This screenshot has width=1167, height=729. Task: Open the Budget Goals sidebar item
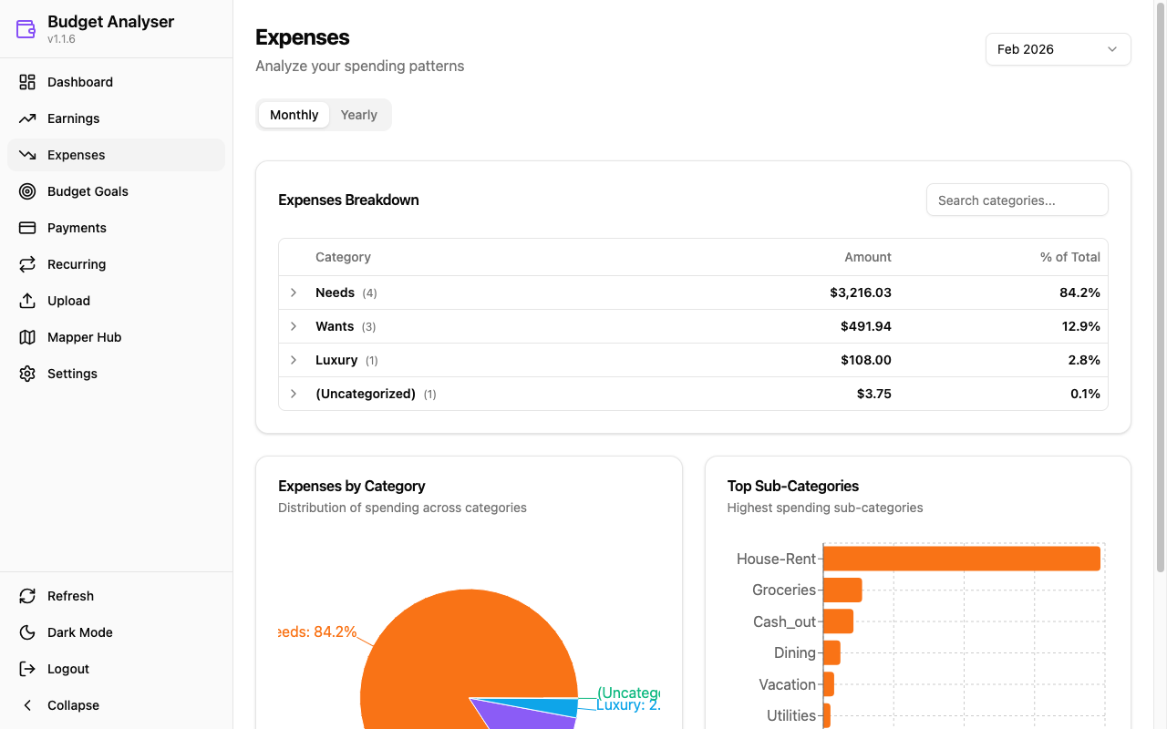click(88, 191)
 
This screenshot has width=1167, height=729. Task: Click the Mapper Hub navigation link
click(84, 337)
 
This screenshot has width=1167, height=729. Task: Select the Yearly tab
click(358, 115)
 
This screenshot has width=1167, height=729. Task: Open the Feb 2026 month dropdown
click(1058, 49)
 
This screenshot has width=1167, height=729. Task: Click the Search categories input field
click(1017, 200)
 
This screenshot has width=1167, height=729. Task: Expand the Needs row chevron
click(294, 293)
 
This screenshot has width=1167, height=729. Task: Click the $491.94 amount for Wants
click(865, 326)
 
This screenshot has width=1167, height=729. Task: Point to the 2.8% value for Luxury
click(1083, 360)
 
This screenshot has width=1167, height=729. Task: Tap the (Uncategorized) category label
click(366, 394)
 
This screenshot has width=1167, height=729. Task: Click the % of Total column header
click(1069, 257)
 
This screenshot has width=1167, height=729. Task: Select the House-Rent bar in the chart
click(961, 559)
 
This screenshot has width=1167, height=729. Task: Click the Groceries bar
click(842, 590)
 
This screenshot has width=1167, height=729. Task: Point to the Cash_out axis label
click(784, 621)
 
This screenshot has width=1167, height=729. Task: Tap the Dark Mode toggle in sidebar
click(79, 632)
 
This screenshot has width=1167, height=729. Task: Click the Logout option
click(67, 669)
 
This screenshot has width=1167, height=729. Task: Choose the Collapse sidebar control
click(72, 705)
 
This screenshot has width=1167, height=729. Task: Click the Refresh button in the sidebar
click(70, 596)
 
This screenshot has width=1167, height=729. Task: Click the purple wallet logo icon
click(26, 29)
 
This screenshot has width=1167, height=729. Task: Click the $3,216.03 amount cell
click(860, 293)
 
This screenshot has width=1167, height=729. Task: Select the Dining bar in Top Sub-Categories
click(831, 652)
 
